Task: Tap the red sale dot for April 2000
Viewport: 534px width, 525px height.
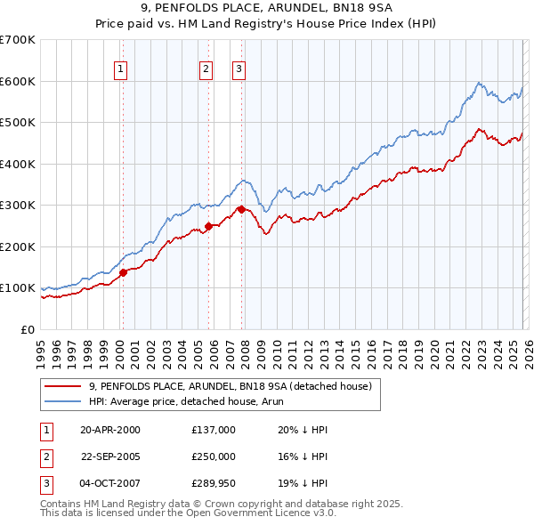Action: [124, 273]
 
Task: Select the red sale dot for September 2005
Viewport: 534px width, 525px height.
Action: [208, 226]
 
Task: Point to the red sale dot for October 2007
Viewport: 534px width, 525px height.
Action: [241, 209]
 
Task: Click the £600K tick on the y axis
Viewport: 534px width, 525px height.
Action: [18, 81]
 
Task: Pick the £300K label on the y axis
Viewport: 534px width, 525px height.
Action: [18, 206]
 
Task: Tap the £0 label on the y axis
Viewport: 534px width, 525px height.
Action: [28, 329]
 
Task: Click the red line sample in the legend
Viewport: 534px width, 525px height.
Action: [64, 385]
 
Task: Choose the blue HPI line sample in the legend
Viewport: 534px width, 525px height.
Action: [64, 401]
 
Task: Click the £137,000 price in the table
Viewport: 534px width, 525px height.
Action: [213, 429]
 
